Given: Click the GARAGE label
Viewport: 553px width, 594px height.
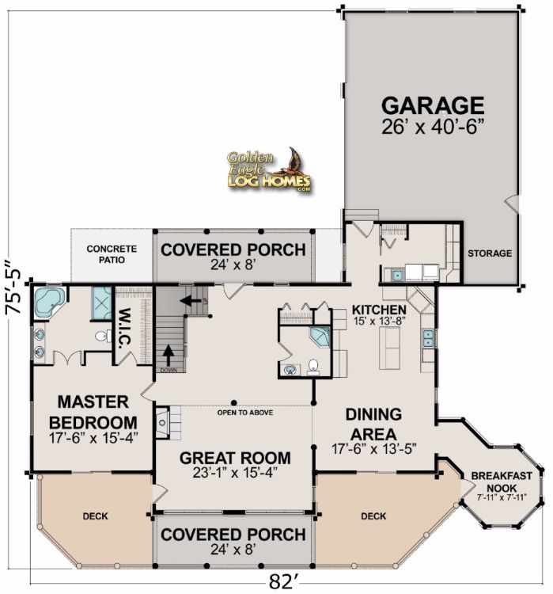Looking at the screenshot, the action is (x=433, y=105).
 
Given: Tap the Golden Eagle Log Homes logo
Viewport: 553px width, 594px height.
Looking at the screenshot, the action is (x=270, y=170).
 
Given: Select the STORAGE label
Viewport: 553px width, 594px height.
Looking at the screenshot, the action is (x=490, y=253).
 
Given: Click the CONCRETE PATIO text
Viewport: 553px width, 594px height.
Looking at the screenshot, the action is (x=112, y=254).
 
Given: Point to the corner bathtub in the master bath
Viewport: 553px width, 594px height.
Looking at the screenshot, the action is (x=50, y=303).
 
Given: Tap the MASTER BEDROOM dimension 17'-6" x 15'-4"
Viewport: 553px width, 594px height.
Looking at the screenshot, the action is (x=93, y=438).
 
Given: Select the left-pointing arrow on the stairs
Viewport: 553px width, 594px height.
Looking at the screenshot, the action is (x=191, y=301).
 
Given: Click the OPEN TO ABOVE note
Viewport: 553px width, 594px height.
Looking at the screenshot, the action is (x=245, y=412).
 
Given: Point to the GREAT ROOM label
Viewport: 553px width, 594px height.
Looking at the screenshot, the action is (x=235, y=458).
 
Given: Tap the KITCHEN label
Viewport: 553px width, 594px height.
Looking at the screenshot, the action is (x=379, y=310).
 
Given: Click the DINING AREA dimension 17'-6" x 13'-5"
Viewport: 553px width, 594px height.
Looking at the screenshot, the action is (x=374, y=449).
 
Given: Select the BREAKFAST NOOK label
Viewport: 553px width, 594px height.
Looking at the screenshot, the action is (x=502, y=482).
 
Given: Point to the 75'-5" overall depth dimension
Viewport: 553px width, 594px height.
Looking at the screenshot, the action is (x=13, y=287).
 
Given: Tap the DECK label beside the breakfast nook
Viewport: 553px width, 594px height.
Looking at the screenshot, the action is (x=373, y=516).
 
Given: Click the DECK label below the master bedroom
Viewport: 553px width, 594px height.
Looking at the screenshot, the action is (x=96, y=516).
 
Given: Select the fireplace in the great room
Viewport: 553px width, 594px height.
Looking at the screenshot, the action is (x=163, y=422).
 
